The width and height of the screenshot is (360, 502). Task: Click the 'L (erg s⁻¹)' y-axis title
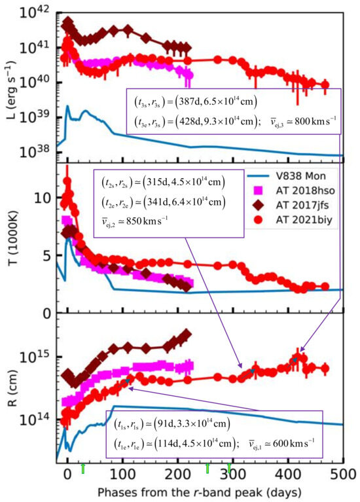pyautogui.click(x=12, y=77)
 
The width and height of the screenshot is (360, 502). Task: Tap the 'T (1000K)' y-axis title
pyautogui.click(x=12, y=239)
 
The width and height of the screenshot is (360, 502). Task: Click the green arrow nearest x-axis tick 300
pyautogui.click(x=229, y=467)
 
